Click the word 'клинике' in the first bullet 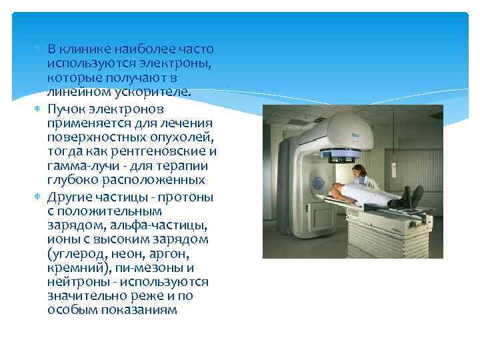point(83,49)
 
